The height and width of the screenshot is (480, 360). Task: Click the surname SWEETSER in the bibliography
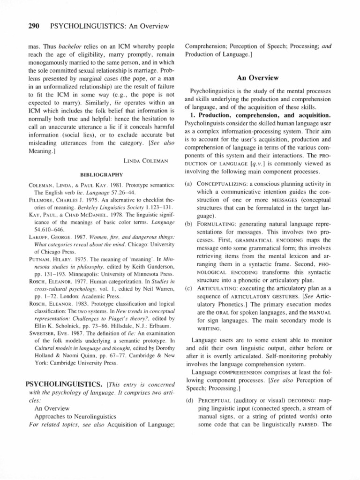point(43,328)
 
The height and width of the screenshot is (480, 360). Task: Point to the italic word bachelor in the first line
point(64,47)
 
